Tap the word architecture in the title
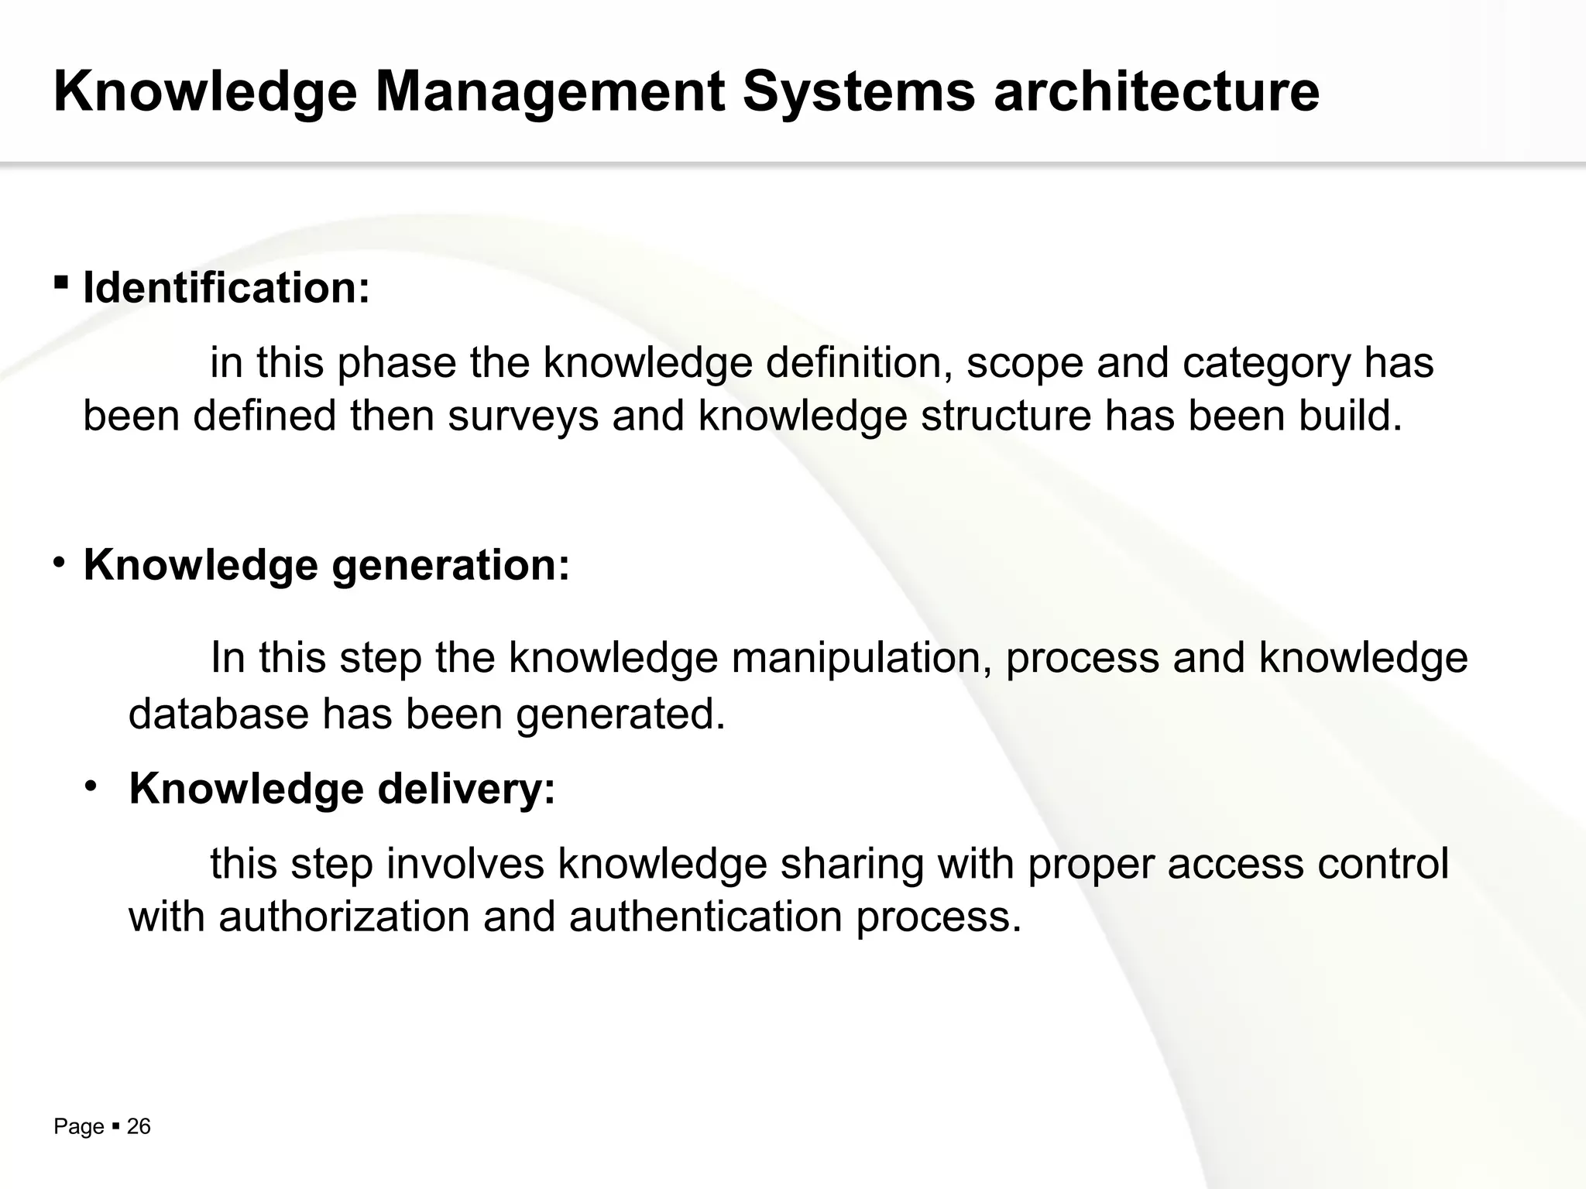coord(1156,91)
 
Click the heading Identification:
coord(226,288)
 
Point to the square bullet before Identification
coord(60,282)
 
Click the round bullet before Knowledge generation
coord(60,561)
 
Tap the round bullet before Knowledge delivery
coord(91,786)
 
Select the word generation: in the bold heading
coord(451,566)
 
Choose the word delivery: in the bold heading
coord(466,790)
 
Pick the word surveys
coord(524,416)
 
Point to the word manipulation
coord(860,658)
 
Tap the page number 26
coord(139,1127)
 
